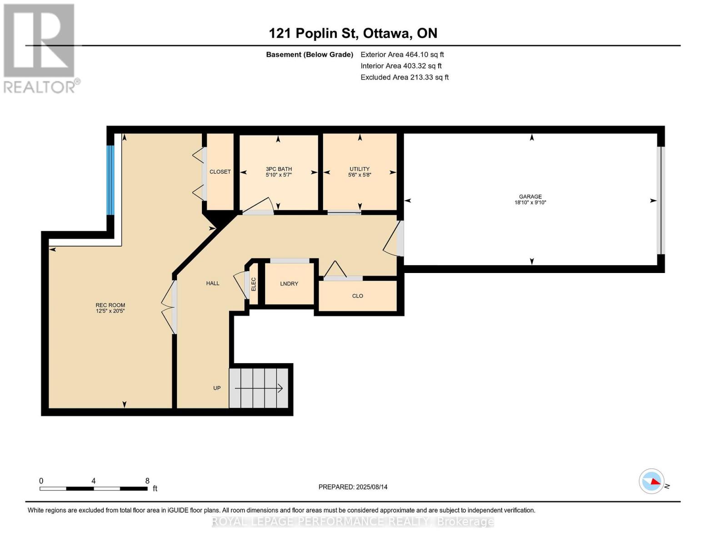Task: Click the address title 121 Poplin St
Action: tap(353, 33)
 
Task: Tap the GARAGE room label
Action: tap(530, 197)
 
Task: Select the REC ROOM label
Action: tap(110, 305)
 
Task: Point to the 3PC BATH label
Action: tap(279, 169)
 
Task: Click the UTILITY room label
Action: tap(360, 169)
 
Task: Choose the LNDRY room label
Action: tap(289, 284)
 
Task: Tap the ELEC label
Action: tap(254, 284)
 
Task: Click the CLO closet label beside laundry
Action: tap(358, 296)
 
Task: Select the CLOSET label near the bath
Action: tap(220, 172)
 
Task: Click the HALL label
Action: tap(213, 283)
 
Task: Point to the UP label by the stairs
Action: tap(217, 388)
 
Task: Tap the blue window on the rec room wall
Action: tap(110, 180)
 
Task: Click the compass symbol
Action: tap(652, 481)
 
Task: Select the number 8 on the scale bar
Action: tap(147, 481)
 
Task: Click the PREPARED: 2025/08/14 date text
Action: tap(353, 487)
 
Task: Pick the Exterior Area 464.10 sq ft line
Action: tap(402, 55)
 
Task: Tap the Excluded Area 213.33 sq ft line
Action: tap(404, 77)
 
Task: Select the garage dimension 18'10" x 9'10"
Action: tap(530, 203)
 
